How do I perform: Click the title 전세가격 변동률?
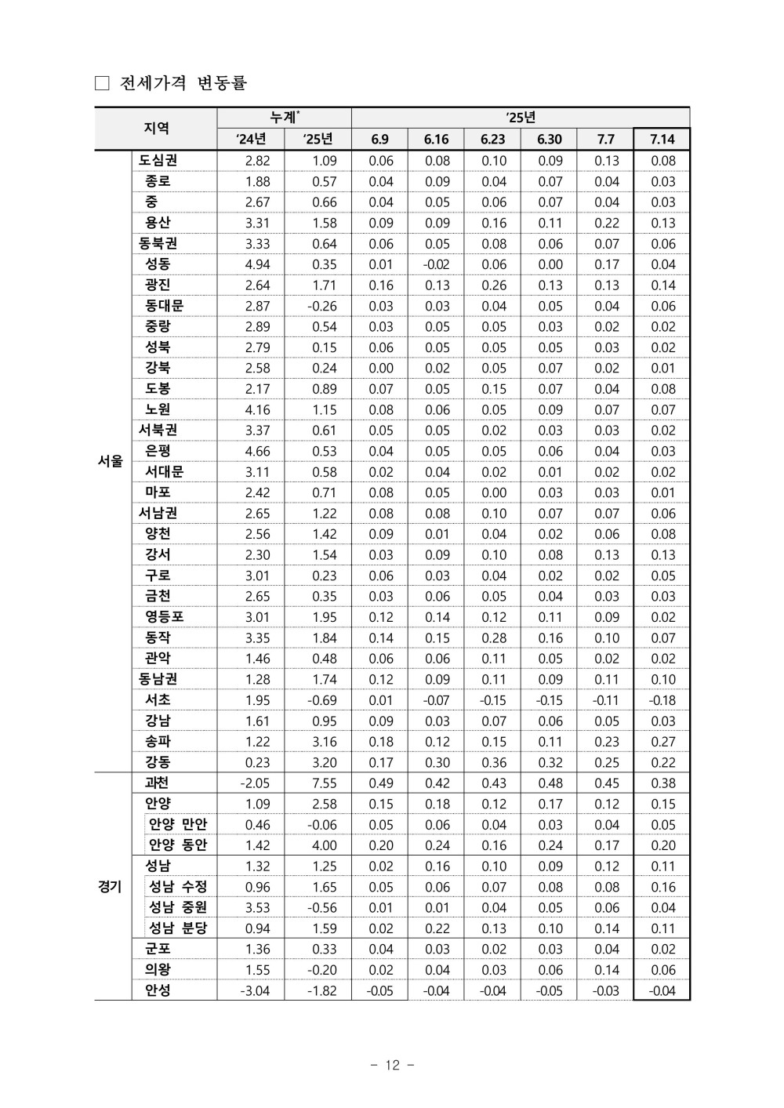click(183, 83)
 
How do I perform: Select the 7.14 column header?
click(662, 140)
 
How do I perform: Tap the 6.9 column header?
click(380, 140)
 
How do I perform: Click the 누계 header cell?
click(284, 118)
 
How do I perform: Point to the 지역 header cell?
click(156, 129)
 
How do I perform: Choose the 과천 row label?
click(157, 783)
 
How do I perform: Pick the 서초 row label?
click(158, 699)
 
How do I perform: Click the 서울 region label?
click(111, 461)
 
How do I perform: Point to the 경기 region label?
click(111, 887)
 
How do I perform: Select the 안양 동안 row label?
click(178, 845)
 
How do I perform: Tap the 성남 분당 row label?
click(178, 928)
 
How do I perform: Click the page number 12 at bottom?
click(392, 1065)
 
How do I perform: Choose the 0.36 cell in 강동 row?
click(493, 762)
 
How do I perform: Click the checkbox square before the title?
click(102, 84)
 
